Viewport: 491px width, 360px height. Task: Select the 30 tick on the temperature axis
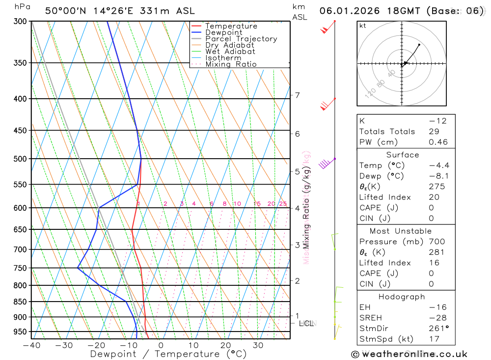pos(258,345)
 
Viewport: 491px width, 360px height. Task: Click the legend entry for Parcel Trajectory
pos(241,39)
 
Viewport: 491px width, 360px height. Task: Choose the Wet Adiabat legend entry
pos(230,52)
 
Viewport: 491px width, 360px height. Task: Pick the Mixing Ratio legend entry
pos(231,64)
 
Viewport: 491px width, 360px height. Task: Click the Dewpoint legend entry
pos(223,32)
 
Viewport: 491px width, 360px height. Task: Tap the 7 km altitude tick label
pos(297,95)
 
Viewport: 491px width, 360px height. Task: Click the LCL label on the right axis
pos(306,323)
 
